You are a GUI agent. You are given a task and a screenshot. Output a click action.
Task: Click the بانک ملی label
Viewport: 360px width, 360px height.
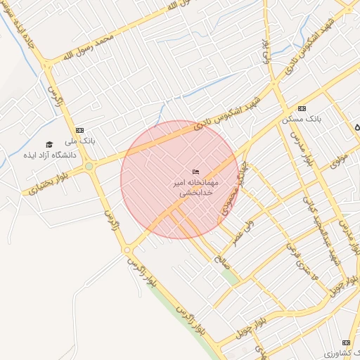coord(82,141)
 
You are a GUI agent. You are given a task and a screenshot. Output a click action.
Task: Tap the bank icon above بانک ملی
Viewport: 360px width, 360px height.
coord(79,130)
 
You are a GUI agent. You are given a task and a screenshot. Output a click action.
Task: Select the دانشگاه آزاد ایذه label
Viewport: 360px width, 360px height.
coord(44,154)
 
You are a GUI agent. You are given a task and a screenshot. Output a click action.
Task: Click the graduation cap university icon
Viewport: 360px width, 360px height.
coord(49,143)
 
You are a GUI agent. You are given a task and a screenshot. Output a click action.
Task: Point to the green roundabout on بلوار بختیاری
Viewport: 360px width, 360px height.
coord(89,166)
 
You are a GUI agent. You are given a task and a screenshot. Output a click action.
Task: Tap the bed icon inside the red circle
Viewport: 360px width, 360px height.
coord(196,172)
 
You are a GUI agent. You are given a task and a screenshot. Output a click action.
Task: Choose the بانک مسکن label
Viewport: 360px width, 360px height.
coord(301,120)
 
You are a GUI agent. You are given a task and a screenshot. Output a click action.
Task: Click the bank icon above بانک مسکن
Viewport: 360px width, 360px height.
coord(302,108)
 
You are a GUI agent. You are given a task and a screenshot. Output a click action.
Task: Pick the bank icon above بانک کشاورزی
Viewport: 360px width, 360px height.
coord(345,342)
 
